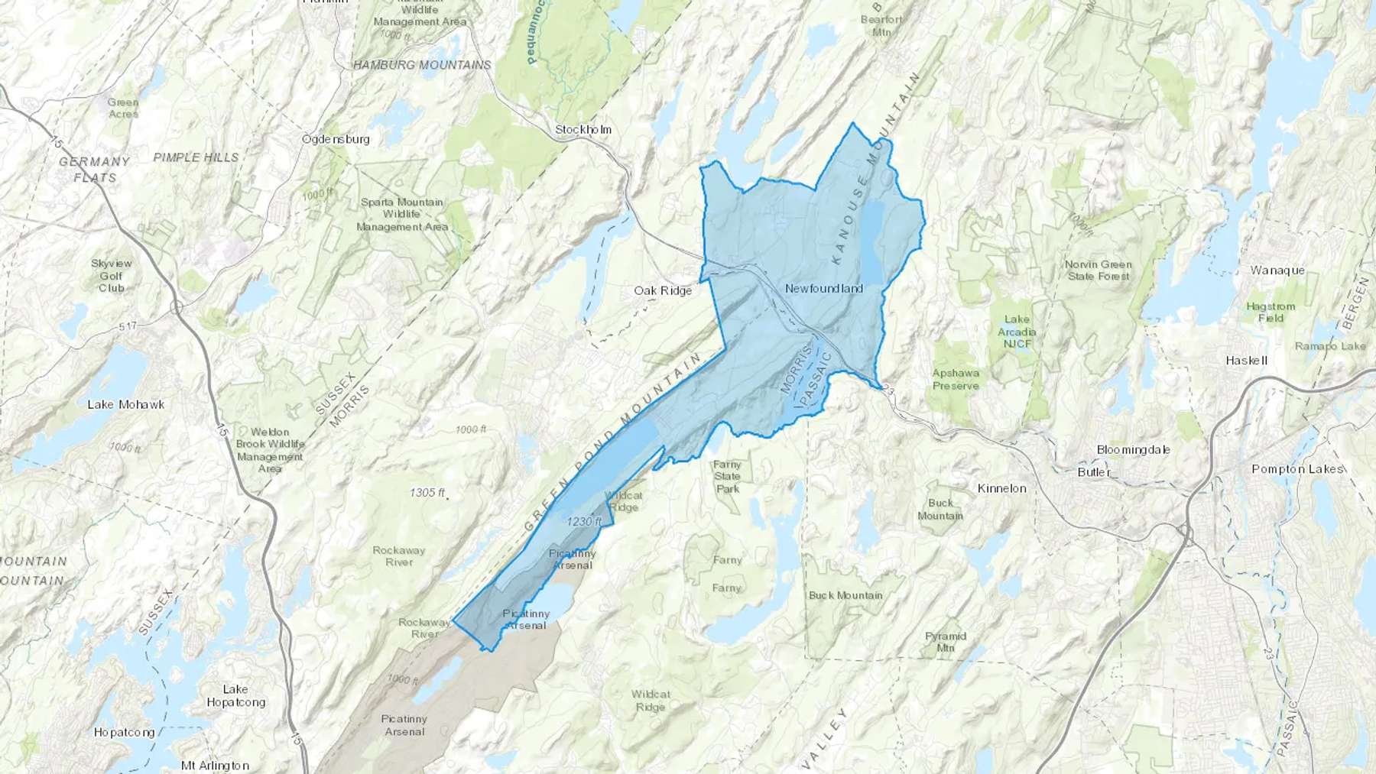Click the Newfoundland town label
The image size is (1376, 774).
(x=823, y=288)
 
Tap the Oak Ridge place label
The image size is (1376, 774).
(x=663, y=290)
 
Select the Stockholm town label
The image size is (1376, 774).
(x=583, y=129)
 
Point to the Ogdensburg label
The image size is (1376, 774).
(x=336, y=139)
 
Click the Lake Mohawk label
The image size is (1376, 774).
(x=125, y=404)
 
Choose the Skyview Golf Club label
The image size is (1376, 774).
(x=112, y=275)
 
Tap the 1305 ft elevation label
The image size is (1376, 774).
(x=427, y=493)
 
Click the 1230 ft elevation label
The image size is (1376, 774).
(x=585, y=521)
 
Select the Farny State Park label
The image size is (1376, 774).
(x=727, y=476)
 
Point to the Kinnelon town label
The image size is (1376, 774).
(x=1001, y=487)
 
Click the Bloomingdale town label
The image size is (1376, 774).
(x=1133, y=449)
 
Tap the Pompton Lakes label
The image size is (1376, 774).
(x=1296, y=468)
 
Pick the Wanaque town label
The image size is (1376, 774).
(x=1277, y=270)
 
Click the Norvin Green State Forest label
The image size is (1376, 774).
(x=1099, y=270)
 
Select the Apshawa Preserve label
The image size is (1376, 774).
(x=955, y=379)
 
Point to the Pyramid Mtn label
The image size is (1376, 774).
(x=946, y=642)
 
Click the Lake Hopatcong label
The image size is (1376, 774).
(x=235, y=695)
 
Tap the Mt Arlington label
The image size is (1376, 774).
(x=215, y=765)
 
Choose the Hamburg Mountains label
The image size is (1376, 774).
(x=421, y=65)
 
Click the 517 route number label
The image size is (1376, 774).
(x=128, y=326)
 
